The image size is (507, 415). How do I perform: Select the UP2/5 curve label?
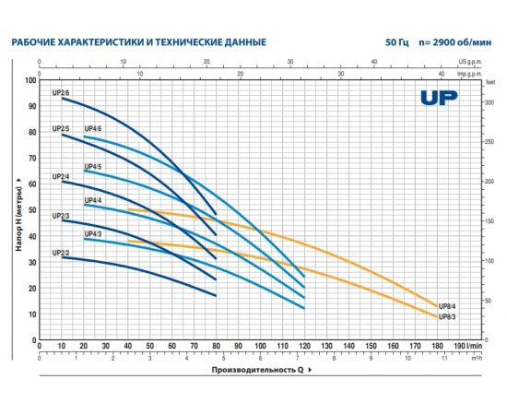61,128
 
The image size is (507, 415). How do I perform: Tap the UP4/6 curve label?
93,128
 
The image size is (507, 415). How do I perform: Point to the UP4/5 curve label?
93,166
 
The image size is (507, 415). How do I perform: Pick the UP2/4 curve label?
61,176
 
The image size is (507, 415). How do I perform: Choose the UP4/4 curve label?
93,200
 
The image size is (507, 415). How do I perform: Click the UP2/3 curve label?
61,215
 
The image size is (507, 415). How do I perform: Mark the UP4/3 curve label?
93,234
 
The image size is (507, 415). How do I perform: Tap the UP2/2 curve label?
61,252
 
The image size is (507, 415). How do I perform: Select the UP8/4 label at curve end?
449,306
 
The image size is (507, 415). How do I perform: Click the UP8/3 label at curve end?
449,316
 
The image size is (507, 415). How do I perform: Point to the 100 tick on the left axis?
30,81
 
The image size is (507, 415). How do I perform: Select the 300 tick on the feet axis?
489,101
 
